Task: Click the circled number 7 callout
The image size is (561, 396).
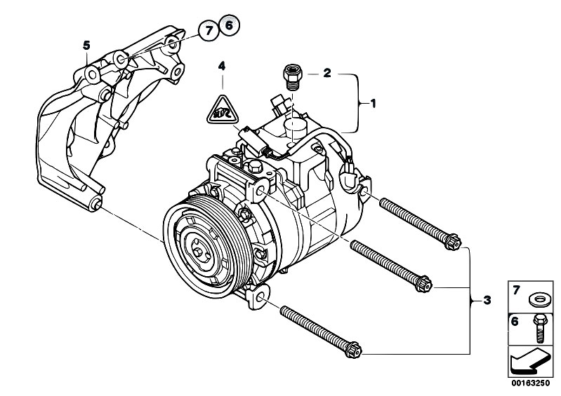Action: coord(208,31)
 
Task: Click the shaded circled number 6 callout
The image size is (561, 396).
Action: coord(230,25)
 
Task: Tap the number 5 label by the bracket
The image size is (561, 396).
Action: coord(86,46)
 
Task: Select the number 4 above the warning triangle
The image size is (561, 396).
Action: coord(222,66)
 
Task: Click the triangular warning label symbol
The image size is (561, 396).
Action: coord(223,111)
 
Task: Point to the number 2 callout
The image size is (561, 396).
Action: coord(327,73)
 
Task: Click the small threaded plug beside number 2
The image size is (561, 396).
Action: coord(293,77)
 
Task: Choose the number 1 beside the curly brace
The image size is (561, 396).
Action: coord(373,104)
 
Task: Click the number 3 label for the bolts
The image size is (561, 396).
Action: coord(487,300)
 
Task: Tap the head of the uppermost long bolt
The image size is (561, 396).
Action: coord(453,241)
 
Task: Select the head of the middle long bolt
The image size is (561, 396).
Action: coord(423,283)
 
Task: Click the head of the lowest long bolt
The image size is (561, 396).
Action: coord(353,349)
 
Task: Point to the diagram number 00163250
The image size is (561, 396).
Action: coord(530,383)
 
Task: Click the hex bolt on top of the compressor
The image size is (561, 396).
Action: coord(254,166)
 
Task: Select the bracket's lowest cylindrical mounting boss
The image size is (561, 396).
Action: coord(95,205)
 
